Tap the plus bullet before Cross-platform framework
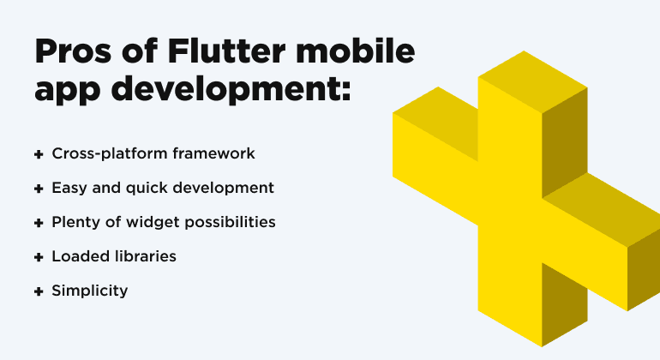coord(39,154)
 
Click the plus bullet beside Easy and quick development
coord(39,188)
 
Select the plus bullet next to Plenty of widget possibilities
coord(39,222)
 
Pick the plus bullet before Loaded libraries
coord(39,256)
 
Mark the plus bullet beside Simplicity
coord(39,291)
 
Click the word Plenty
coord(75,222)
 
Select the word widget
coord(146,222)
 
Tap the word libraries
coord(147,256)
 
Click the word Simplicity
coord(89,291)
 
